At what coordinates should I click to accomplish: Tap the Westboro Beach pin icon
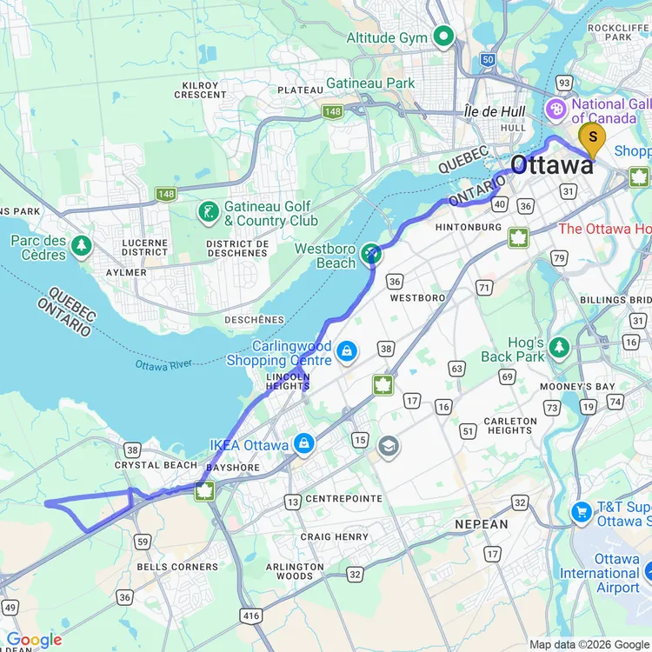point(372,253)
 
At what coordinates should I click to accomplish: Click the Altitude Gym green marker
point(445,37)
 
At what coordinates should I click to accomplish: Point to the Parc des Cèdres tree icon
point(82,245)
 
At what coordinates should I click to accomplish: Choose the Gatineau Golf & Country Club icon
point(208,211)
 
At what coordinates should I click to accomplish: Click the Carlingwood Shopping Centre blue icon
point(347,351)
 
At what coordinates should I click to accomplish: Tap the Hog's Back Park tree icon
point(559,347)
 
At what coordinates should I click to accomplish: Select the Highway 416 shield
point(250,615)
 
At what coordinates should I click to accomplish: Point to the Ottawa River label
point(163,365)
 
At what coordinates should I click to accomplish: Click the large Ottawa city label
point(552,164)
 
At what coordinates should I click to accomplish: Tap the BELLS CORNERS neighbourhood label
point(177,567)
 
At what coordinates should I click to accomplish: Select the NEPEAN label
point(481,524)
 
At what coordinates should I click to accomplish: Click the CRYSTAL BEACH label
point(156,465)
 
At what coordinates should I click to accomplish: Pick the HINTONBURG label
point(468,227)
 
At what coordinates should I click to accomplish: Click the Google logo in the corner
point(33,640)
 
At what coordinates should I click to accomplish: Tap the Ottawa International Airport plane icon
point(649,572)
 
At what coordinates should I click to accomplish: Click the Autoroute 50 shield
point(489,60)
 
